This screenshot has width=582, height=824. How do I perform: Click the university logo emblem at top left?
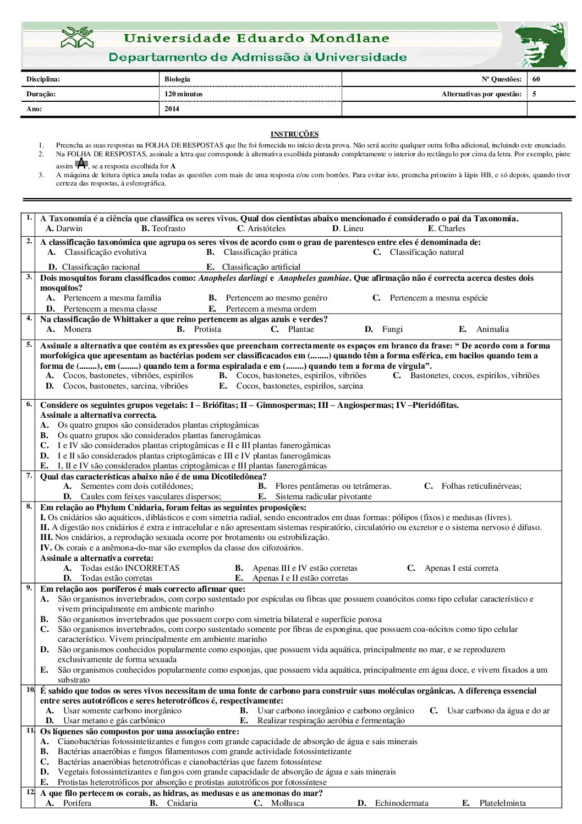click(x=78, y=38)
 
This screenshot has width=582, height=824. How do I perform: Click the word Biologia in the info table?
click(x=177, y=79)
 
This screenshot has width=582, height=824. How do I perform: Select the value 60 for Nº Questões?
click(x=536, y=79)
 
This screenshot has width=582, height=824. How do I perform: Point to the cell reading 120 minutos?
click(x=184, y=94)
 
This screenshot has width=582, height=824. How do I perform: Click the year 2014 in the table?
click(x=172, y=109)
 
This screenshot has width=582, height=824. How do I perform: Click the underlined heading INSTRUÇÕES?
click(x=294, y=134)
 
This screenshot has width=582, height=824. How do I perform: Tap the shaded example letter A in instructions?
click(x=81, y=163)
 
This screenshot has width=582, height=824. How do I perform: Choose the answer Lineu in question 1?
click(x=353, y=228)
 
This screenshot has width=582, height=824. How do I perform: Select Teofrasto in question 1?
click(x=168, y=228)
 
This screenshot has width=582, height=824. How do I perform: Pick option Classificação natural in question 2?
click(x=426, y=252)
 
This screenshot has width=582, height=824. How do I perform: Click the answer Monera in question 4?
click(x=78, y=329)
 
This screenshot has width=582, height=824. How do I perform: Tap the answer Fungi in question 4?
click(x=392, y=329)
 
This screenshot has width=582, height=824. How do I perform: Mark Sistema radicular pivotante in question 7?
click(x=323, y=496)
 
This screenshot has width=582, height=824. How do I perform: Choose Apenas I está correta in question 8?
click(x=461, y=568)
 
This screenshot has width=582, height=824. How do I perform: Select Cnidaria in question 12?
click(x=182, y=803)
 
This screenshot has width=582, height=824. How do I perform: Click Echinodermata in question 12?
click(x=402, y=803)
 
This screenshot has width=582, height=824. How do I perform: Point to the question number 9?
click(x=29, y=588)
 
